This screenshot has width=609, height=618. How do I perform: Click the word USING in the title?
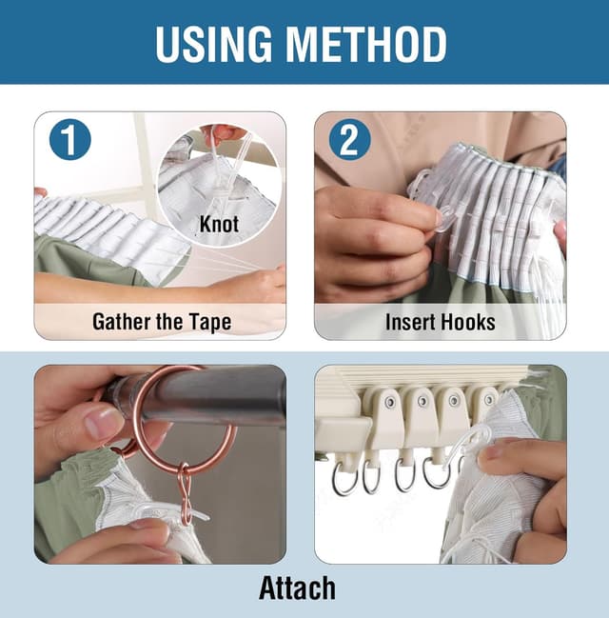214,44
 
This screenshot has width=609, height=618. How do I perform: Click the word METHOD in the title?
368,44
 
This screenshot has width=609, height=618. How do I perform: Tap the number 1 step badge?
70,140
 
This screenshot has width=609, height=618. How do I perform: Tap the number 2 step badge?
350,140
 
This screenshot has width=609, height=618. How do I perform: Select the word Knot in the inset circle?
219,225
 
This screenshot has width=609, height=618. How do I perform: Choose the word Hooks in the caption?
467,323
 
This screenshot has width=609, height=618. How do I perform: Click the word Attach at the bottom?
298,588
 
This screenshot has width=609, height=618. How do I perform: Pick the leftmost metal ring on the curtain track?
344,478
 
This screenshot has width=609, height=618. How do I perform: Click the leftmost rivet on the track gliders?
390,403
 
